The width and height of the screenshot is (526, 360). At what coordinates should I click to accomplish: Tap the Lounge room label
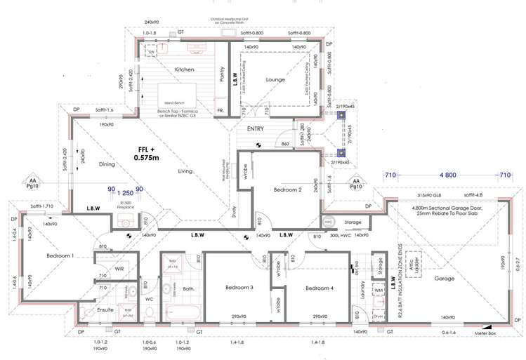[275, 80]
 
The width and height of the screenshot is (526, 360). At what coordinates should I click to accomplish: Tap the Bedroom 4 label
[320, 288]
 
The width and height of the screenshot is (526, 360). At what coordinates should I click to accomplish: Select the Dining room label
[107, 164]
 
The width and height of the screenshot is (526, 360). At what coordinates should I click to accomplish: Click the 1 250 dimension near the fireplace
[125, 190]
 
